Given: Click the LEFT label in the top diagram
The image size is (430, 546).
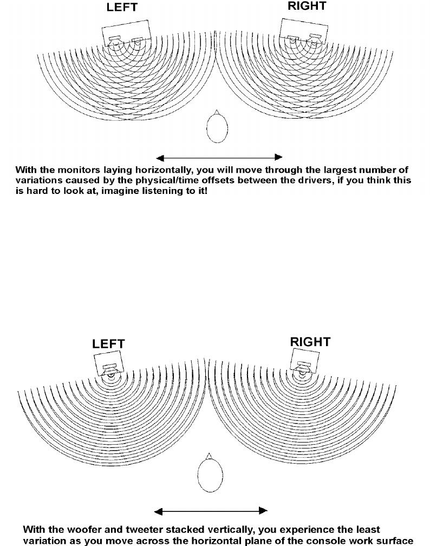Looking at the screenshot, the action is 122,8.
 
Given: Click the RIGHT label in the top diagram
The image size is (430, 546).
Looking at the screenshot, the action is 307,7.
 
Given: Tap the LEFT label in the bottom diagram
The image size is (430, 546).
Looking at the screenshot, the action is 108,344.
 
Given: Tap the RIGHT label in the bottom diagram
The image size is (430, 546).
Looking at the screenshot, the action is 310,342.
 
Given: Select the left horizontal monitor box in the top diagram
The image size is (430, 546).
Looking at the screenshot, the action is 127,32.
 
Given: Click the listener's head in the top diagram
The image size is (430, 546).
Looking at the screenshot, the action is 217,129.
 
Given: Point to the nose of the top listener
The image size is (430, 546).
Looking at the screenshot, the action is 217,112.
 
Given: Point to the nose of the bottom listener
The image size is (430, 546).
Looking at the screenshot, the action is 208,456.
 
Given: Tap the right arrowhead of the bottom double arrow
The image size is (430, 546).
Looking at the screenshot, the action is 263,511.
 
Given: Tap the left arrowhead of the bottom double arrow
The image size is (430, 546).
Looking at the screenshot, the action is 158,511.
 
